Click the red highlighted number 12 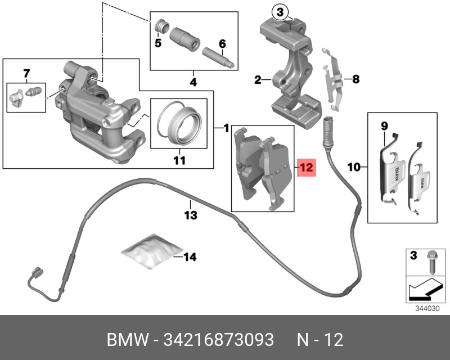[305, 168]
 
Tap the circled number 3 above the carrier [280, 11]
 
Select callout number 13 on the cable [191, 215]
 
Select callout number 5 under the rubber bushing [158, 43]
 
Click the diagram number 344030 [425, 308]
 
